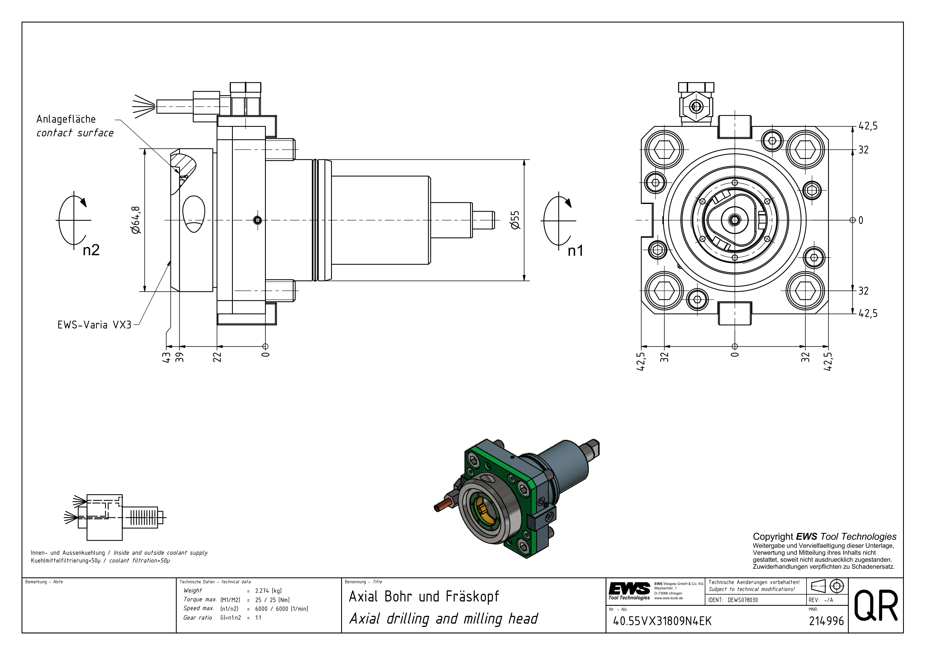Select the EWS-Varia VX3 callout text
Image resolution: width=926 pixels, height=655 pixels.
pos(94,325)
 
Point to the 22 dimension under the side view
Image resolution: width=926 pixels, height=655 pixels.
pos(217,357)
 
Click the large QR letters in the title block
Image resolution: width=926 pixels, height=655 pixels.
pos(876,606)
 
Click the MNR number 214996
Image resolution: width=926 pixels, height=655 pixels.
pos(826,621)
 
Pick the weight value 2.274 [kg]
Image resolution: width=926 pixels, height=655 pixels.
pos(268,590)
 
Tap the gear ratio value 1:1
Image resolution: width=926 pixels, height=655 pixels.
pos(258,617)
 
